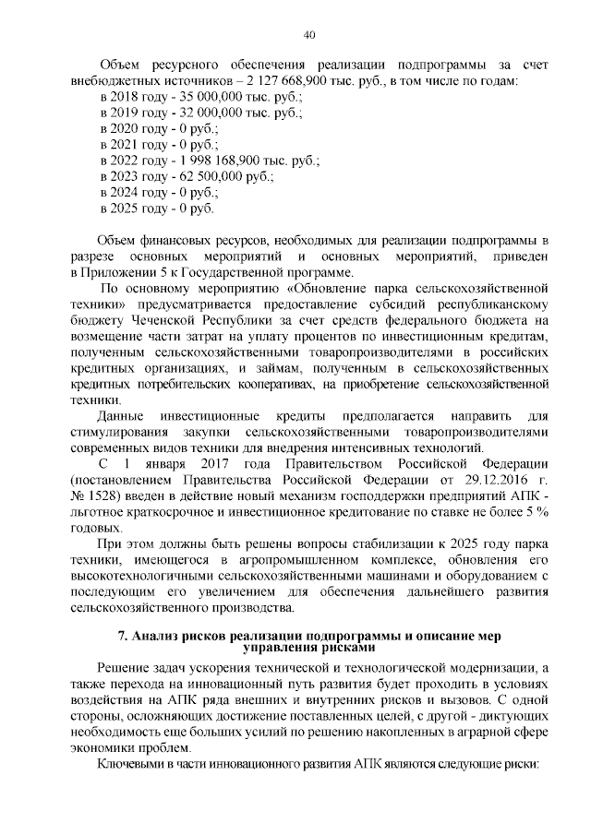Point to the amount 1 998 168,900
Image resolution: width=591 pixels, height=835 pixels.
pyautogui.click(x=230, y=160)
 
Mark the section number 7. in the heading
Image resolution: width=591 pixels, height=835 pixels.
pyautogui.click(x=123, y=636)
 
